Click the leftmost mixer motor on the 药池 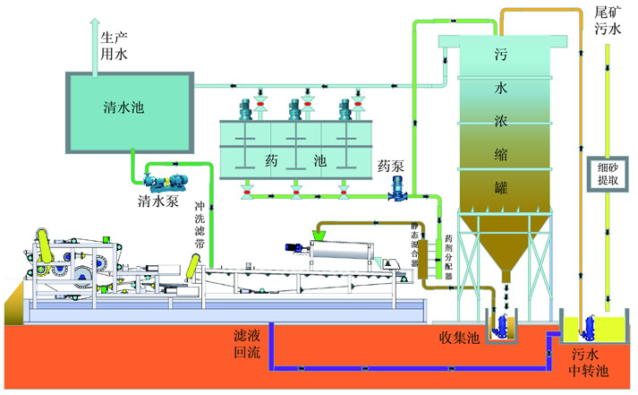point(244,107)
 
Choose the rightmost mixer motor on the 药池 point(345,107)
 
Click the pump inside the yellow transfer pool point(590,324)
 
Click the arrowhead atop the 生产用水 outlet point(95,24)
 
